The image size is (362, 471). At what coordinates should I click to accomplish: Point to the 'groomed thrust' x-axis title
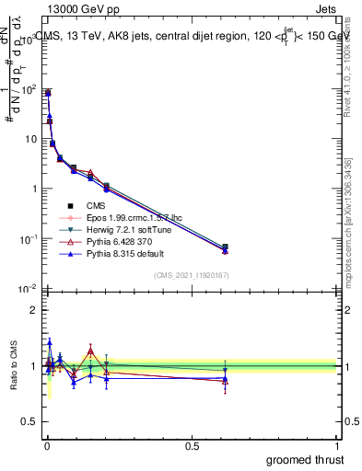point(304,459)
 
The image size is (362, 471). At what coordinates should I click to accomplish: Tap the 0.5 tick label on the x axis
point(192,445)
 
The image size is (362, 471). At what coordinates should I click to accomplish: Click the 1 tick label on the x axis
point(338,445)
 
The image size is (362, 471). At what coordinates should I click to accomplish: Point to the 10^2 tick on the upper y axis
point(28,89)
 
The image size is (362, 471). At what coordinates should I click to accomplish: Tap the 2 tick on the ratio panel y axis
point(35,310)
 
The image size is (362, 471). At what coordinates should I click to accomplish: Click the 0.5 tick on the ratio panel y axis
point(31,422)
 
